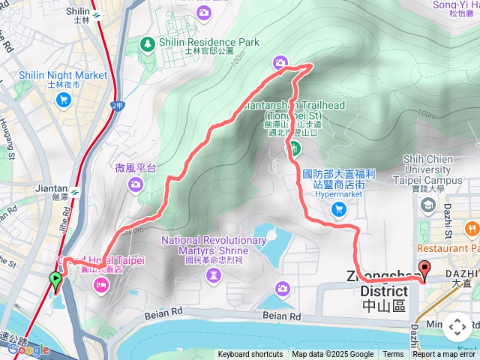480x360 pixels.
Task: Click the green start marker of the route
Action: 55,282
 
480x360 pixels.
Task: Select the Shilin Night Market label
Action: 67,76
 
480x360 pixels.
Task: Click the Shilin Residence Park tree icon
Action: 148,44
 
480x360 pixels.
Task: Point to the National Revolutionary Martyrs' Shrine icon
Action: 214,275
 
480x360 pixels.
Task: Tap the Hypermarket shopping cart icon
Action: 339,209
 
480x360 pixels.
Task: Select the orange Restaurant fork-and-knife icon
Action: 471,228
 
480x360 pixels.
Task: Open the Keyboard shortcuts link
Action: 250,355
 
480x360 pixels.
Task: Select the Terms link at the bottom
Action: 393,355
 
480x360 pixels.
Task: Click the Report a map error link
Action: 445,355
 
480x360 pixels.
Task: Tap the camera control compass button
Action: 457,327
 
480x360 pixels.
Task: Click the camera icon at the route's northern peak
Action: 280,62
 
